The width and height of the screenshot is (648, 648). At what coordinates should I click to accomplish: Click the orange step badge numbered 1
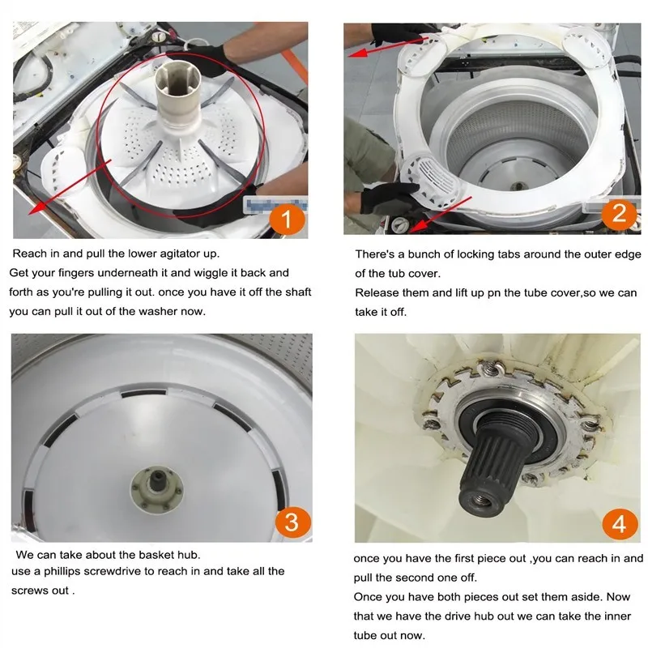tap(288, 219)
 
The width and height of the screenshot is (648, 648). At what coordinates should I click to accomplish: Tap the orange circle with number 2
tap(619, 214)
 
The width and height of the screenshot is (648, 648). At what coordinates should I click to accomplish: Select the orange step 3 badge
tap(292, 522)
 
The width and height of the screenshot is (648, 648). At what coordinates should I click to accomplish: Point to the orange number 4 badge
tap(620, 524)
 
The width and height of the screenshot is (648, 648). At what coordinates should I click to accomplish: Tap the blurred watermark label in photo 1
tap(275, 205)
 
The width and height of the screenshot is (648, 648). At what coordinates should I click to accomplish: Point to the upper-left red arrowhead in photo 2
tap(356, 53)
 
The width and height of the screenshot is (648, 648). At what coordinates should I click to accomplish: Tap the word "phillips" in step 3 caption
tap(62, 572)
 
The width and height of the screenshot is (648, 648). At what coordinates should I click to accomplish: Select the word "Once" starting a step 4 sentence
tap(366, 597)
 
